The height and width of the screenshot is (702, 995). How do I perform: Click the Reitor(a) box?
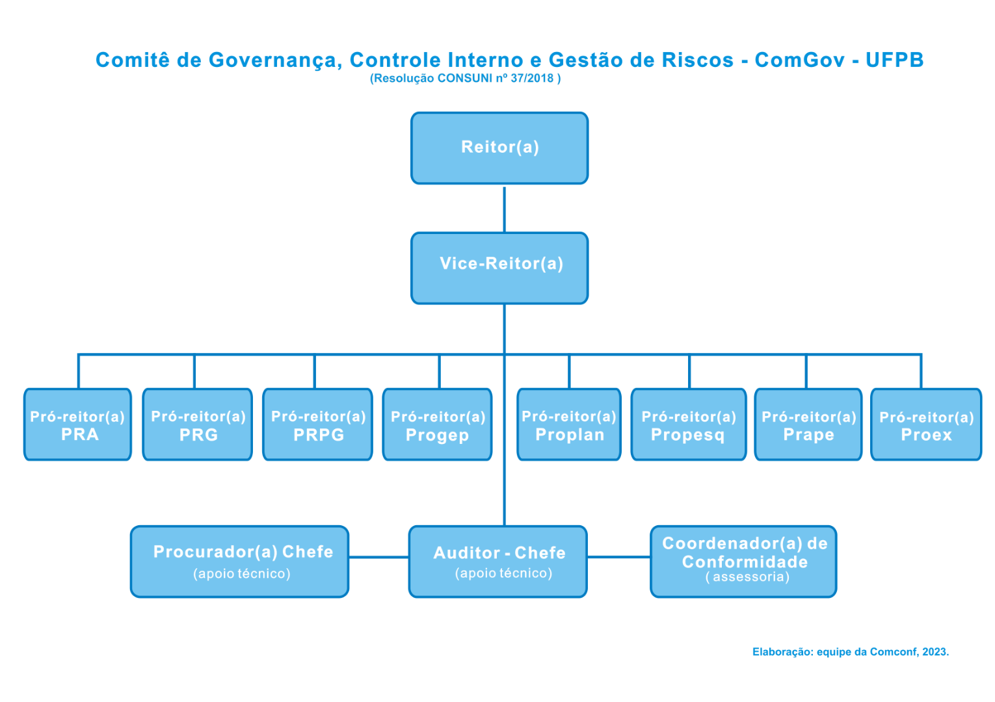(x=499, y=148)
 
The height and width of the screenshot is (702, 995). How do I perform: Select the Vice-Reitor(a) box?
(x=499, y=268)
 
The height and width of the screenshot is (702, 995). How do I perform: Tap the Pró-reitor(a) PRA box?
(x=77, y=425)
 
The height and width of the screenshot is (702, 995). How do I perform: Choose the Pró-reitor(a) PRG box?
(x=198, y=425)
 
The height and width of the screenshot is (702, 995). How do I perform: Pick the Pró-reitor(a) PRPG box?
(x=318, y=425)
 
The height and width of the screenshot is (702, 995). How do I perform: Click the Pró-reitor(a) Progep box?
(x=437, y=425)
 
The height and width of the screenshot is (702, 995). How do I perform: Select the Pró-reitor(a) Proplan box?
(x=569, y=425)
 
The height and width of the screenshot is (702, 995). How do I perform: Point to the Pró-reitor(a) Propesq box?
(x=689, y=425)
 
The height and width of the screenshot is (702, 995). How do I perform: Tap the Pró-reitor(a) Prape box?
(x=808, y=425)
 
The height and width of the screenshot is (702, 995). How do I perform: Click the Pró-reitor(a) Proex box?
(x=926, y=425)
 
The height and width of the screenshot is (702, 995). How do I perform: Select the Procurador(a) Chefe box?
(x=240, y=562)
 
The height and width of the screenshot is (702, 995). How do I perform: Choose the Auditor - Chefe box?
(x=498, y=562)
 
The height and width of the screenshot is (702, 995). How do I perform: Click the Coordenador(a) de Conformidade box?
(x=743, y=562)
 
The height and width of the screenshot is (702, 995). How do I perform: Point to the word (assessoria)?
(x=747, y=577)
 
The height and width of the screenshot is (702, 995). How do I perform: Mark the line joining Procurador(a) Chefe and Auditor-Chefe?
(x=378, y=557)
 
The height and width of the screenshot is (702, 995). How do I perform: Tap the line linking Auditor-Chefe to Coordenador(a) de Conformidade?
(x=618, y=557)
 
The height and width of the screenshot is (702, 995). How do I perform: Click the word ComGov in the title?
(x=799, y=60)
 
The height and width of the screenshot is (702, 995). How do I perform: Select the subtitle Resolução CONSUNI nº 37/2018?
(x=465, y=79)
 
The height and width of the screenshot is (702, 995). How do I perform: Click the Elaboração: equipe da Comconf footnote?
(x=850, y=652)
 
